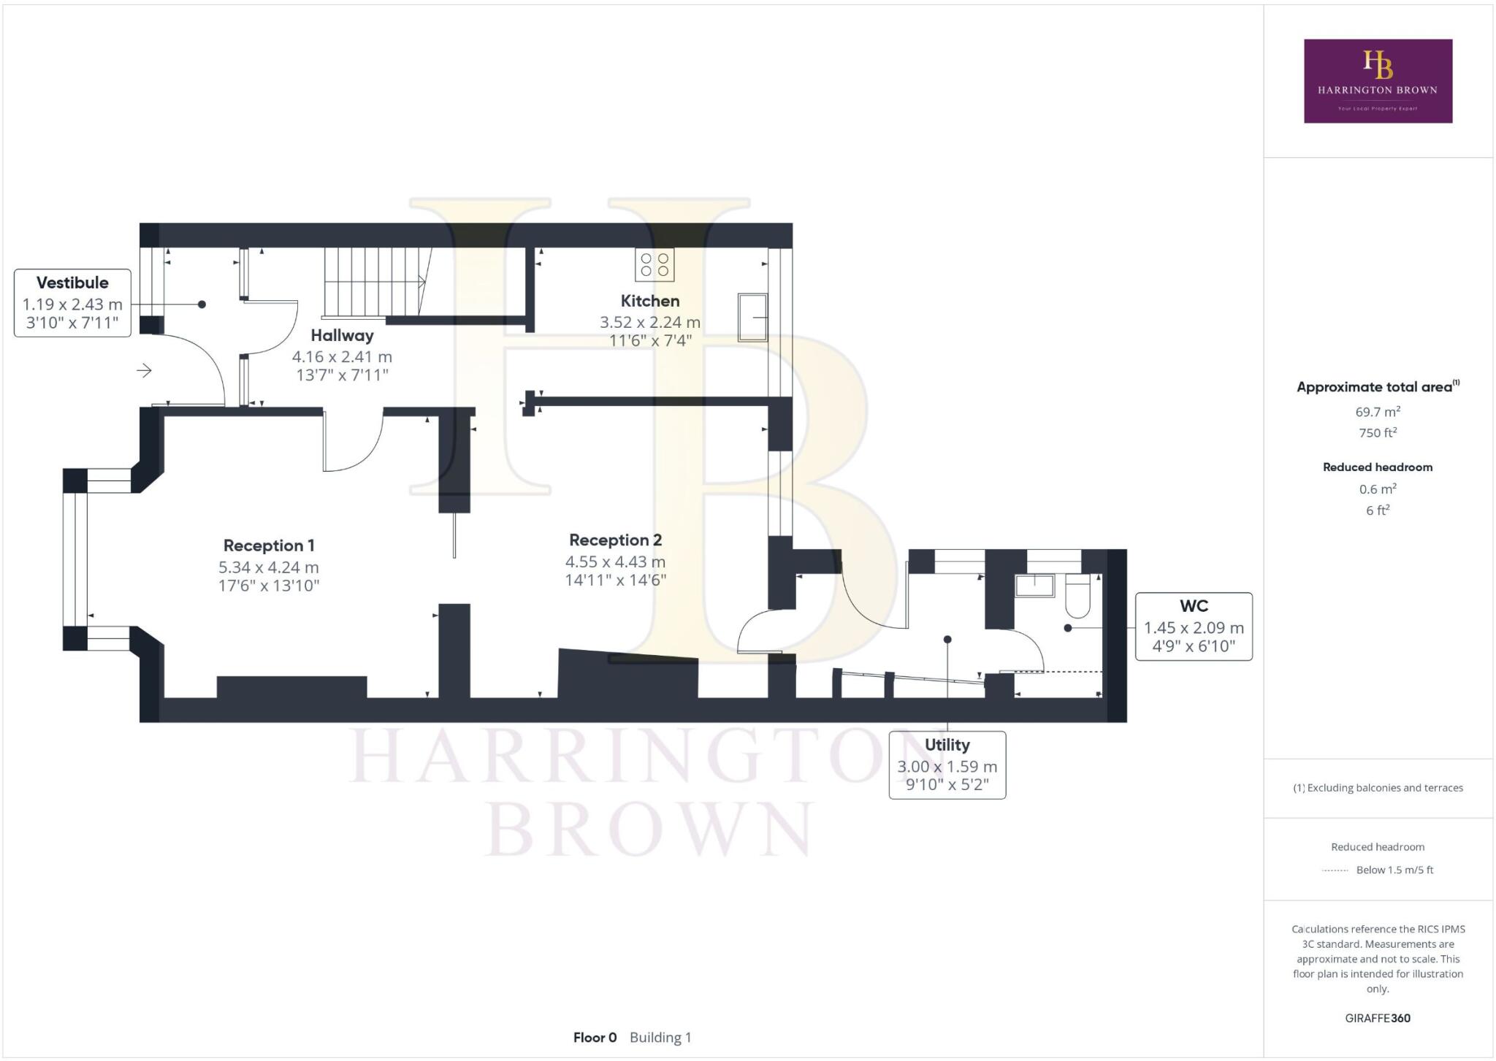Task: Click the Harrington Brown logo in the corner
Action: [1378, 81]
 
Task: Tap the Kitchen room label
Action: [650, 301]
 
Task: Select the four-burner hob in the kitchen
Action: [654, 264]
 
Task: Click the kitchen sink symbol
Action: [752, 318]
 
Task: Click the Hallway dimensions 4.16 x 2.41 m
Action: [342, 357]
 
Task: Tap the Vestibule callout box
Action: [72, 302]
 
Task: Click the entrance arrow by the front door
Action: [144, 371]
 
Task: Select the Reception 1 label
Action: [269, 545]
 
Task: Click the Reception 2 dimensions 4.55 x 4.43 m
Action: [615, 562]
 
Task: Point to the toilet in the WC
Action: [1078, 595]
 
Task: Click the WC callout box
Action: [1194, 627]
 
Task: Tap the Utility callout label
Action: [947, 745]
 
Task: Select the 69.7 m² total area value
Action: [1378, 412]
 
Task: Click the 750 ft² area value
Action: [1378, 433]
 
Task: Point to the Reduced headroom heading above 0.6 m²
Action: [1378, 467]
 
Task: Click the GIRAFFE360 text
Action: [1378, 1018]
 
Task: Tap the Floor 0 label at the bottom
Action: [595, 1038]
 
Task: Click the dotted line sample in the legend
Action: [1335, 870]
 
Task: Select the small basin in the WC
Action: [1035, 586]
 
